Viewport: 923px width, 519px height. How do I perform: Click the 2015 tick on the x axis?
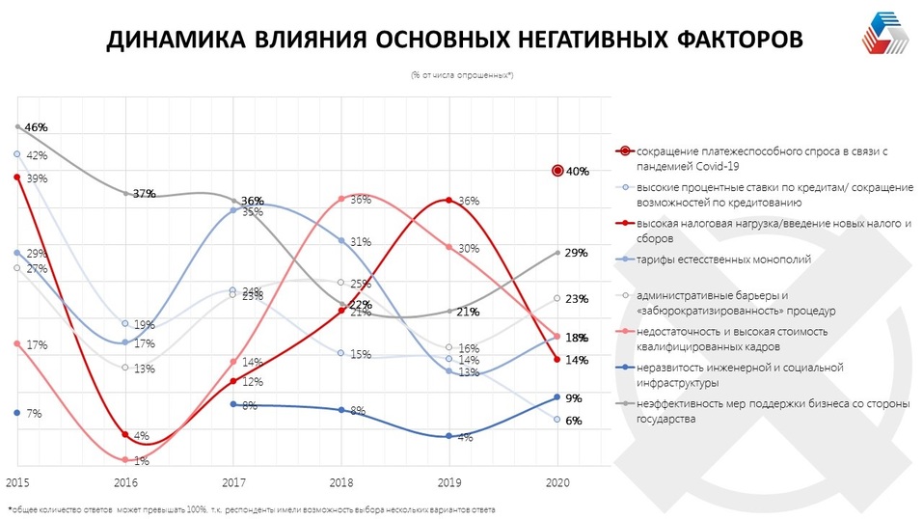tap(16, 480)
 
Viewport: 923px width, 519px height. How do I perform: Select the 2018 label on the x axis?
tap(342, 480)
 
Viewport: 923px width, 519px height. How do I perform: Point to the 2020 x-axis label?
tap(557, 480)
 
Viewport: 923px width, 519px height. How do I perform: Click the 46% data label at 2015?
tap(36, 127)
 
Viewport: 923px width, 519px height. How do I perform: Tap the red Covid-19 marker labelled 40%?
tap(557, 171)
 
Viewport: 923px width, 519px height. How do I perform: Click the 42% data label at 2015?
tap(37, 155)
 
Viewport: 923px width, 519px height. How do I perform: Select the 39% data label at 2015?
tap(37, 178)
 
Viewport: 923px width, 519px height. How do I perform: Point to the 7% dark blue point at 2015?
tap(17, 412)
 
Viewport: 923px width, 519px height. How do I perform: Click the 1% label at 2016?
tap(141, 461)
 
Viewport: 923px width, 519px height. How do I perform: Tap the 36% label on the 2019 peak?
tap(469, 202)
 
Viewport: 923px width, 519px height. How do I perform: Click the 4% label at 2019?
tap(465, 438)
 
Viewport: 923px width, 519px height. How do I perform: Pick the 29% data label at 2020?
tap(577, 253)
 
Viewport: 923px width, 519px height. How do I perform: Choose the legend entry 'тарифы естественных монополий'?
tap(714, 259)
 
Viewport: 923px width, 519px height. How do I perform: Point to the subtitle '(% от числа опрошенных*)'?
tap(461, 75)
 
